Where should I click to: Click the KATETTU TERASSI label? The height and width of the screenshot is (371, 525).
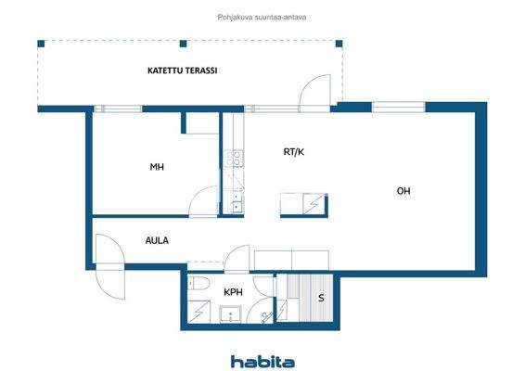182,70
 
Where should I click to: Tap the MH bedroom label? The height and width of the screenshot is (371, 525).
158,168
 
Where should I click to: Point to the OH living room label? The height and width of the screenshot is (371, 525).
403,191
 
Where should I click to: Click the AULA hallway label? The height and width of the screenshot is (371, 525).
157,239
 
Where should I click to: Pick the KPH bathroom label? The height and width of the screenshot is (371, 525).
233,292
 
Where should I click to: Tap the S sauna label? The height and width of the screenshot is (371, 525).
321,298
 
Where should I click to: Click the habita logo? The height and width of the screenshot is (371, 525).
262,360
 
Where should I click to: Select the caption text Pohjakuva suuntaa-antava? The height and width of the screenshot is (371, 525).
262,14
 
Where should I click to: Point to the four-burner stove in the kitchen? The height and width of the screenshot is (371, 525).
237,160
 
